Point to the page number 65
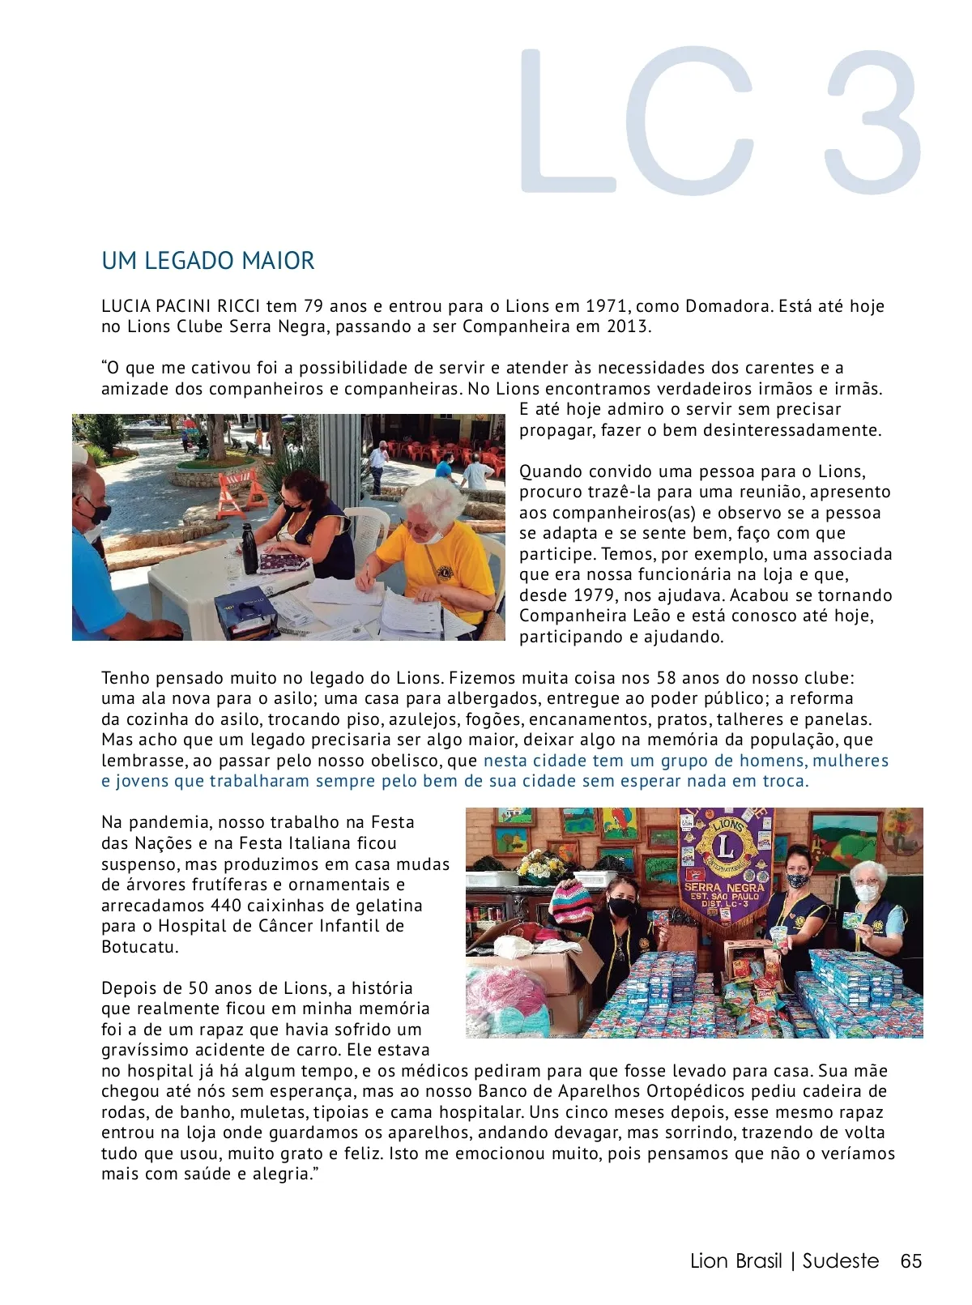pyautogui.click(x=911, y=1261)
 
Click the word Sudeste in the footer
pyautogui.click(x=840, y=1261)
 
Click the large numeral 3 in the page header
pyautogui.click(x=871, y=122)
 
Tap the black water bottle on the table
pyautogui.click(x=249, y=548)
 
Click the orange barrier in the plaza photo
pyautogui.click(x=242, y=492)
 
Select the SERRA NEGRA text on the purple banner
pyautogui.click(x=723, y=888)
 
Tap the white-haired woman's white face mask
pyautogui.click(x=867, y=892)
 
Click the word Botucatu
pyautogui.click(x=139, y=947)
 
